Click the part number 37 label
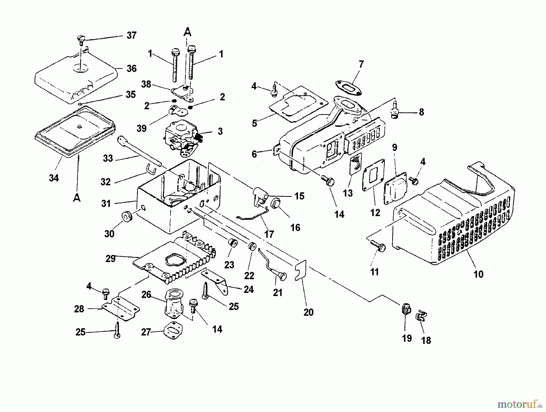tap(131, 35)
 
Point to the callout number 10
tap(478, 274)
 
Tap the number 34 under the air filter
tap(54, 178)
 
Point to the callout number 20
tap(308, 312)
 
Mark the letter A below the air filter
tap(77, 198)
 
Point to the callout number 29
tap(110, 259)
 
